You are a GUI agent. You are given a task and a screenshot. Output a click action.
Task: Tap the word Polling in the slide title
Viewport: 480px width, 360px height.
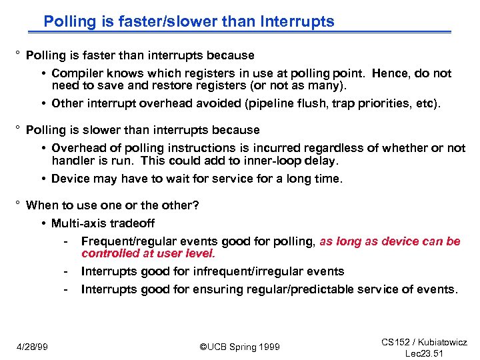(69, 21)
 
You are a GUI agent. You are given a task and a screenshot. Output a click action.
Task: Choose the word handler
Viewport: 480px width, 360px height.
(74, 160)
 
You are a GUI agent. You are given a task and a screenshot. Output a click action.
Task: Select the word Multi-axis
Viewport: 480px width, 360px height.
(79, 223)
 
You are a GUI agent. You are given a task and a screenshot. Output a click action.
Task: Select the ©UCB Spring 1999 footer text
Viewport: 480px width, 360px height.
(240, 347)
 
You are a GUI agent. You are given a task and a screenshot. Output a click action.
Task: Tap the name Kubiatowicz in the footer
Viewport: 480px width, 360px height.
(443, 342)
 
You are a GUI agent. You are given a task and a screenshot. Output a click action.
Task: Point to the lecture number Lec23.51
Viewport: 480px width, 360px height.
(425, 353)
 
